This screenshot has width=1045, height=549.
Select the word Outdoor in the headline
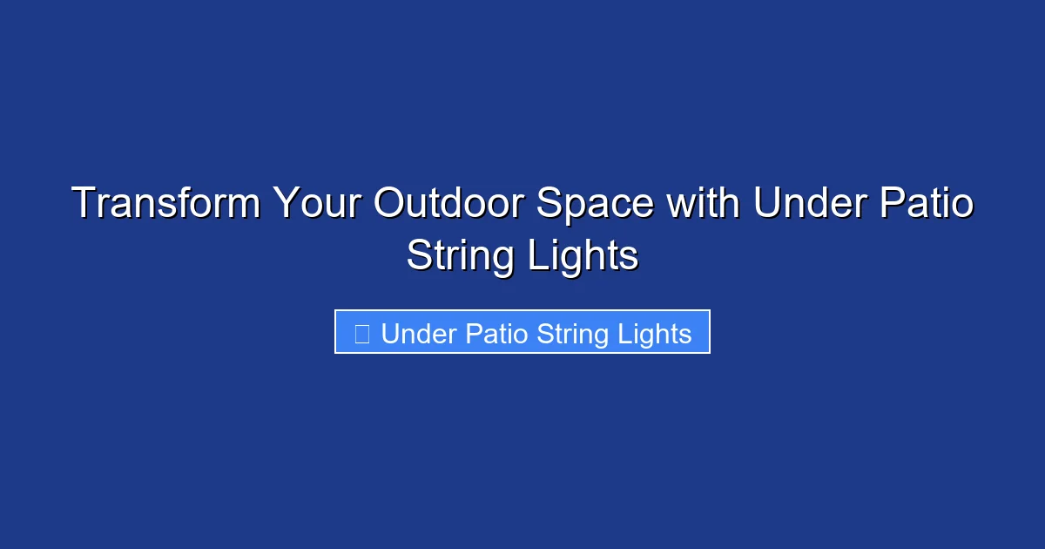(x=448, y=204)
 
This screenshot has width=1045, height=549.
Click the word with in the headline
(x=704, y=204)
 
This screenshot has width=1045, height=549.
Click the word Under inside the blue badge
(x=419, y=334)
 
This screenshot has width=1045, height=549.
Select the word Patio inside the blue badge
(x=496, y=334)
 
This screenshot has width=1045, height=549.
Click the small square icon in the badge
(x=362, y=333)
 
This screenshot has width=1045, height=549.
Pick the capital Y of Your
(x=285, y=204)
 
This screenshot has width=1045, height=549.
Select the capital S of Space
(x=549, y=204)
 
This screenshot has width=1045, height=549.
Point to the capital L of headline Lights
(x=536, y=256)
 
